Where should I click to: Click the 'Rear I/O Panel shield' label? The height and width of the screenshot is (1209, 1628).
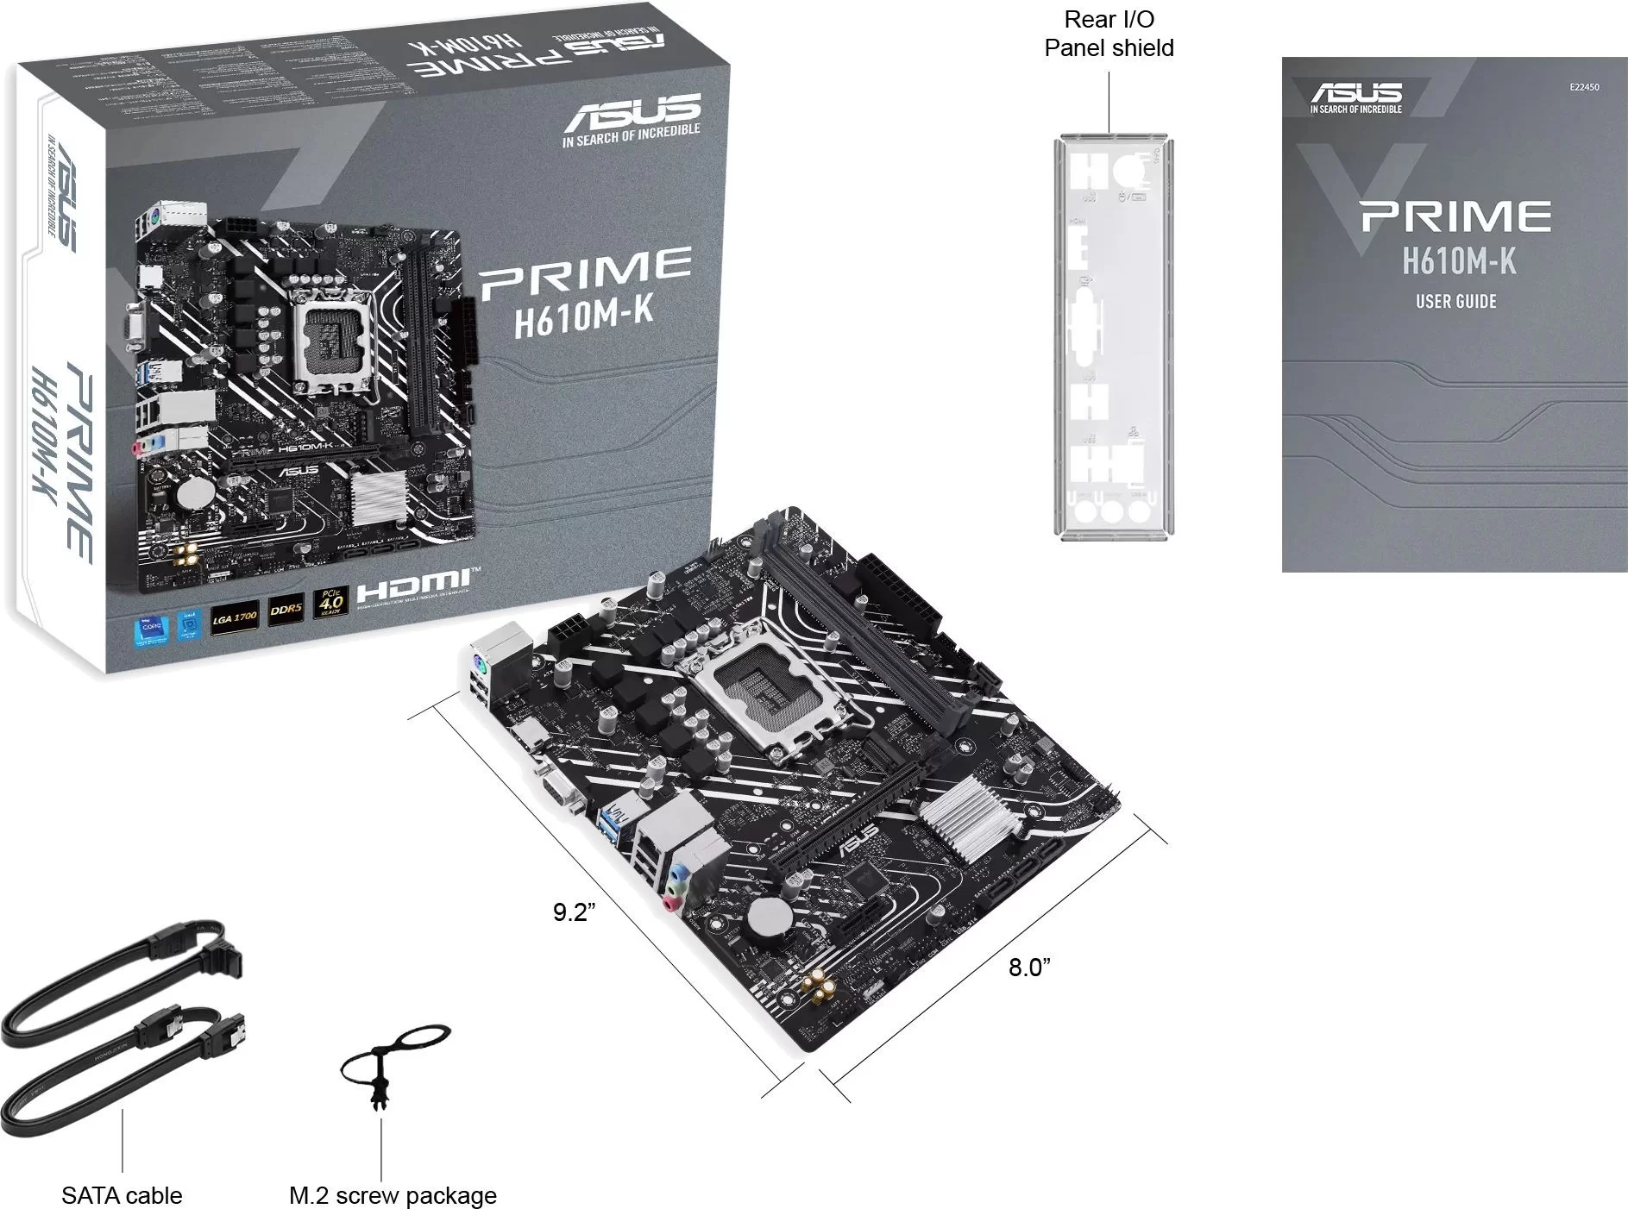1109,34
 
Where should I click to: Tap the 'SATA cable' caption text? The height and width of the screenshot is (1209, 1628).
122,1195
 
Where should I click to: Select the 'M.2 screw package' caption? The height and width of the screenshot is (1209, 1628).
393,1195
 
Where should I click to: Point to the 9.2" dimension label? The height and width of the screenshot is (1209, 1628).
575,911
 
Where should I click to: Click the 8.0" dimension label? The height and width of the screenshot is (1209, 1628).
1029,967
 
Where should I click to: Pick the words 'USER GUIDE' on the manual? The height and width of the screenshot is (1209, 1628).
1455,302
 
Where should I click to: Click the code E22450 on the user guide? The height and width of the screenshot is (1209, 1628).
1584,87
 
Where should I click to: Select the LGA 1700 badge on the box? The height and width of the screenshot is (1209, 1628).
235,618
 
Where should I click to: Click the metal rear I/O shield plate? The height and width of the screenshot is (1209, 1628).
1109,336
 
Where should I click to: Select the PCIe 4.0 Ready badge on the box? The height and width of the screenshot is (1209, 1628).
331,601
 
